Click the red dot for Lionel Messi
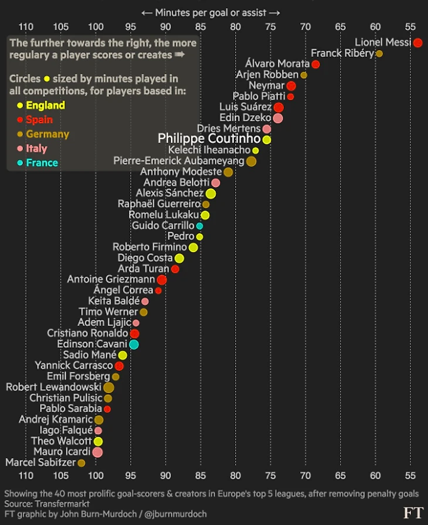click(x=417, y=42)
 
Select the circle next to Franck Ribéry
click(x=379, y=53)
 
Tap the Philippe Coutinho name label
click(x=209, y=139)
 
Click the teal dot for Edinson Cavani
click(x=134, y=344)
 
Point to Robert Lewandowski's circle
click(x=108, y=387)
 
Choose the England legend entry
click(x=45, y=106)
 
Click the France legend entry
click(x=42, y=162)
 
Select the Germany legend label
click(x=47, y=134)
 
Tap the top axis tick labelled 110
click(x=26, y=26)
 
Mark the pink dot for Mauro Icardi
click(x=97, y=452)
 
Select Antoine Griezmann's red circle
click(x=162, y=280)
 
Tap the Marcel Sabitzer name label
click(x=40, y=463)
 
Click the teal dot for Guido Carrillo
click(x=199, y=226)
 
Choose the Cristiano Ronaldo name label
click(x=87, y=333)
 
